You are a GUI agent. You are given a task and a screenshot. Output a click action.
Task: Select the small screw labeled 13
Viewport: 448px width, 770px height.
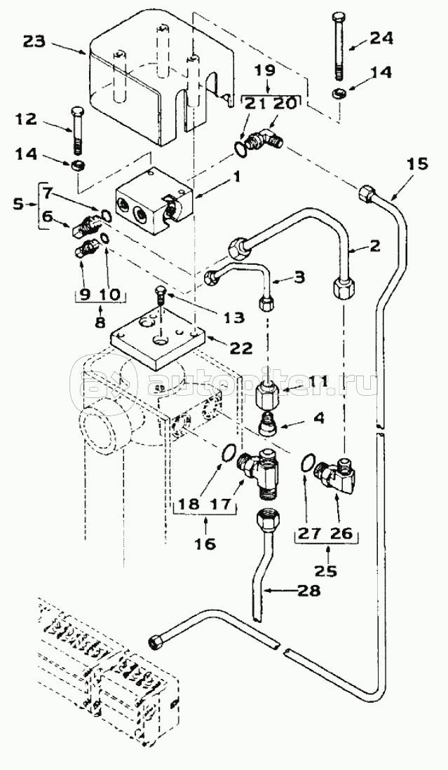click(x=161, y=296)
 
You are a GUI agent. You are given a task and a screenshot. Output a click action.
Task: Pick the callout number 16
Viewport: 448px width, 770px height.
click(x=207, y=543)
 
